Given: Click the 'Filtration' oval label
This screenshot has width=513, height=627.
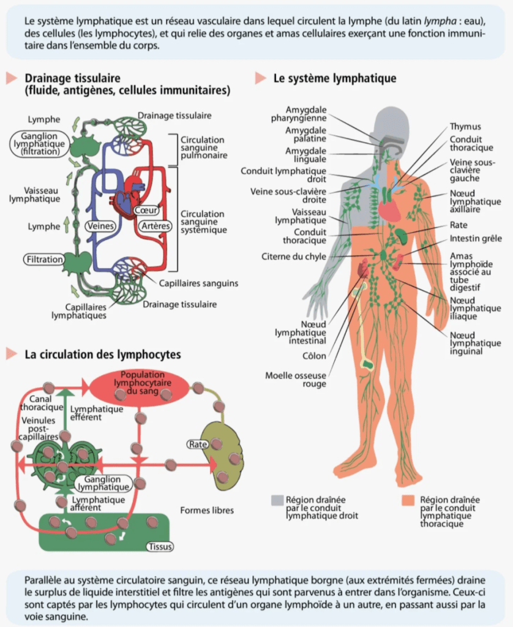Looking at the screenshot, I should (x=44, y=259).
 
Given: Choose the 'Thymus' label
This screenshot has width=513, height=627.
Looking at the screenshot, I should (x=465, y=127).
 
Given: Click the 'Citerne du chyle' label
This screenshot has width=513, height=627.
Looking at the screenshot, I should (x=294, y=257).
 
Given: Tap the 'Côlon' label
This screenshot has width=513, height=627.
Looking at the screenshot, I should (x=315, y=356).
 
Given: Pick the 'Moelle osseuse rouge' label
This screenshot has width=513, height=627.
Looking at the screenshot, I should (x=296, y=380).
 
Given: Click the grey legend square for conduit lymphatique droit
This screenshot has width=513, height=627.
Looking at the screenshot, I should (x=277, y=500).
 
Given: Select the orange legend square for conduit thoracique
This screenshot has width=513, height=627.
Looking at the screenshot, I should (x=410, y=500).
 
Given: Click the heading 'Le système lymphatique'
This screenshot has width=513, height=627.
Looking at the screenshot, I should (x=334, y=78).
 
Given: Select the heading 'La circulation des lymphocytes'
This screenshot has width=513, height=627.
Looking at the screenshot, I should (x=102, y=355).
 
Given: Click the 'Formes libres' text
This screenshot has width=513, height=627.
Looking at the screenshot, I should (x=207, y=510).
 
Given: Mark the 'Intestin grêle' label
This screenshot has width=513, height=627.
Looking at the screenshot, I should (x=475, y=239).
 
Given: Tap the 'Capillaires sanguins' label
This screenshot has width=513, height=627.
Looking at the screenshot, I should (x=198, y=283).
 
